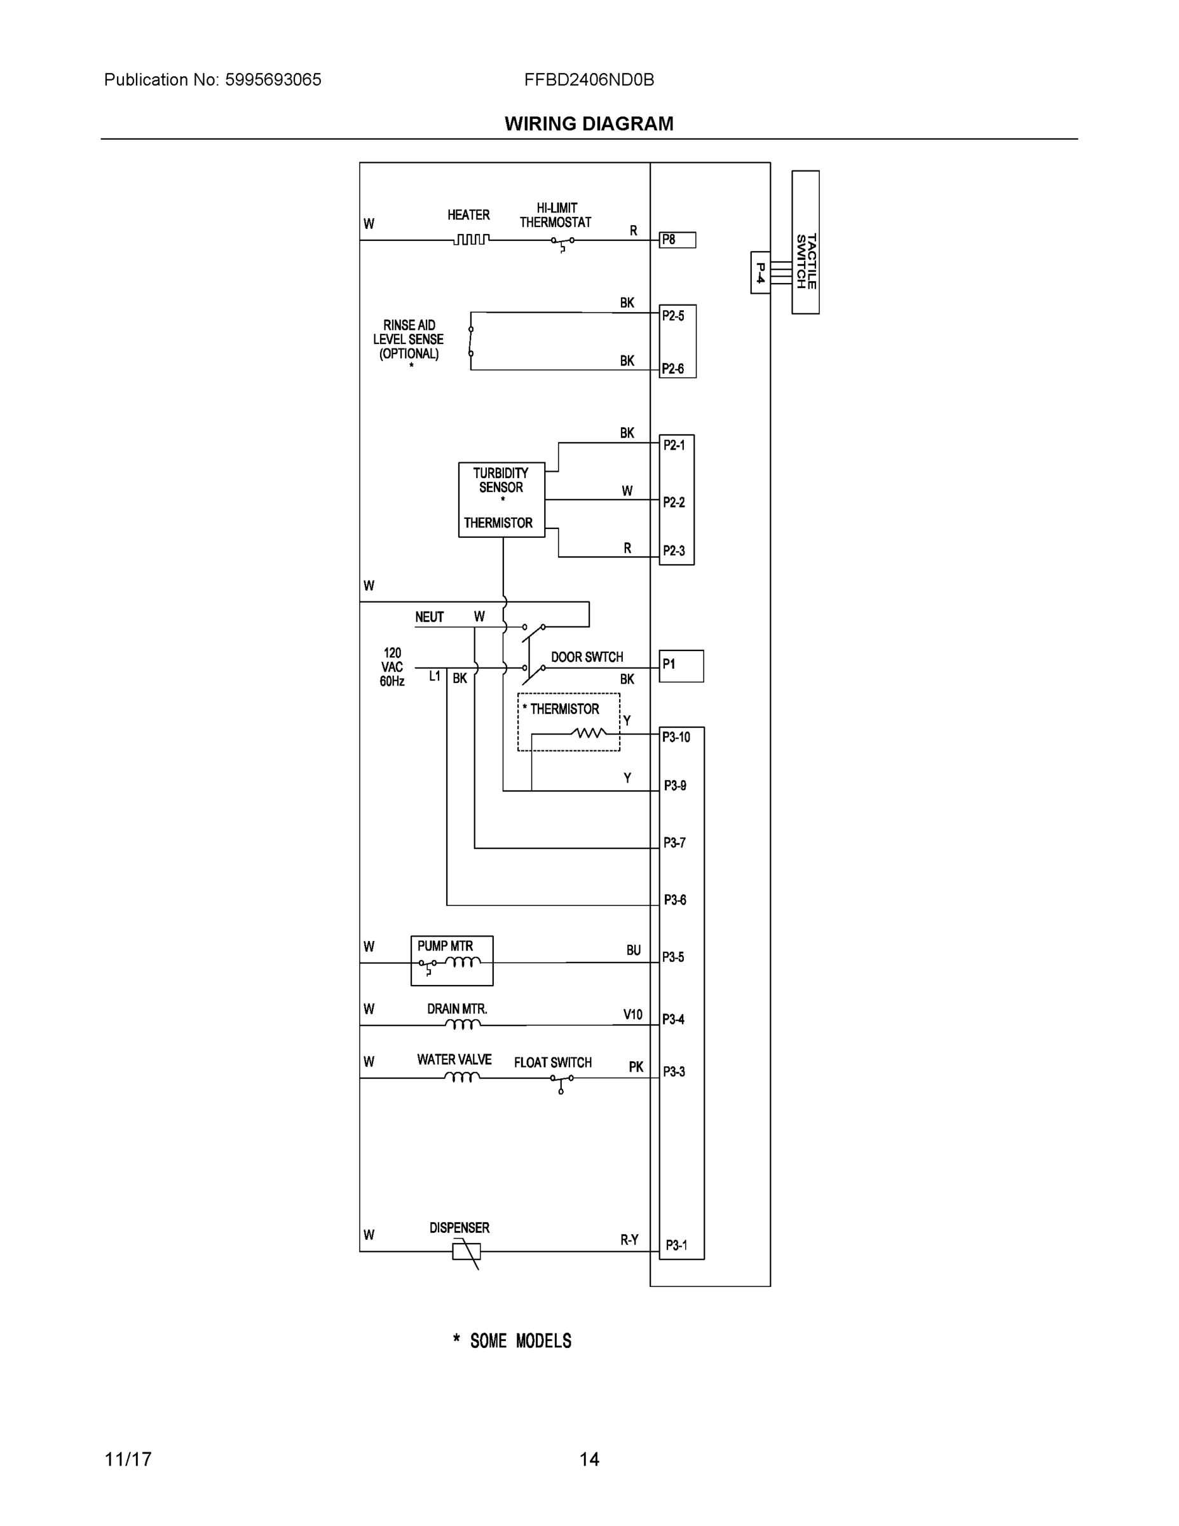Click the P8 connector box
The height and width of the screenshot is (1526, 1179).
(x=678, y=240)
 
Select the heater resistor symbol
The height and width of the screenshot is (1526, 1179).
(x=471, y=240)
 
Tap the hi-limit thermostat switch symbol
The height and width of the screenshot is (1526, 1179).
(x=562, y=242)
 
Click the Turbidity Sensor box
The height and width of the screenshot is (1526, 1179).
(x=501, y=499)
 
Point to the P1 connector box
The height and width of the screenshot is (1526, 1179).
(x=681, y=666)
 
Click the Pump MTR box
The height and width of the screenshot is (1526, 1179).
(x=452, y=961)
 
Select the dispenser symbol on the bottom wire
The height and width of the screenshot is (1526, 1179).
(x=467, y=1251)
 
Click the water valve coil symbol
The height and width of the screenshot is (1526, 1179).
(x=461, y=1078)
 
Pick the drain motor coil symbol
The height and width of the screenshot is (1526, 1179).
(x=462, y=1024)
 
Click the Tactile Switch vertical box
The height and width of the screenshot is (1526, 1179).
(x=805, y=242)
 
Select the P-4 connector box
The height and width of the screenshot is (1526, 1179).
(x=760, y=273)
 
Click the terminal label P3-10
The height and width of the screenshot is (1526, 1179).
(x=676, y=737)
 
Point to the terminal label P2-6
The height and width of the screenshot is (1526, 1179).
(x=672, y=369)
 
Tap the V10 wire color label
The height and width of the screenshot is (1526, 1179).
(x=633, y=1015)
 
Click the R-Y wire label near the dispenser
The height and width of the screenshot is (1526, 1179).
(x=629, y=1239)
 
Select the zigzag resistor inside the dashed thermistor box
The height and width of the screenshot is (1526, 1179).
(x=588, y=733)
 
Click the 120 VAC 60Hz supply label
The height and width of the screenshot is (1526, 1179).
(x=393, y=666)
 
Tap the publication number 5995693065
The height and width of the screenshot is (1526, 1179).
(x=273, y=79)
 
